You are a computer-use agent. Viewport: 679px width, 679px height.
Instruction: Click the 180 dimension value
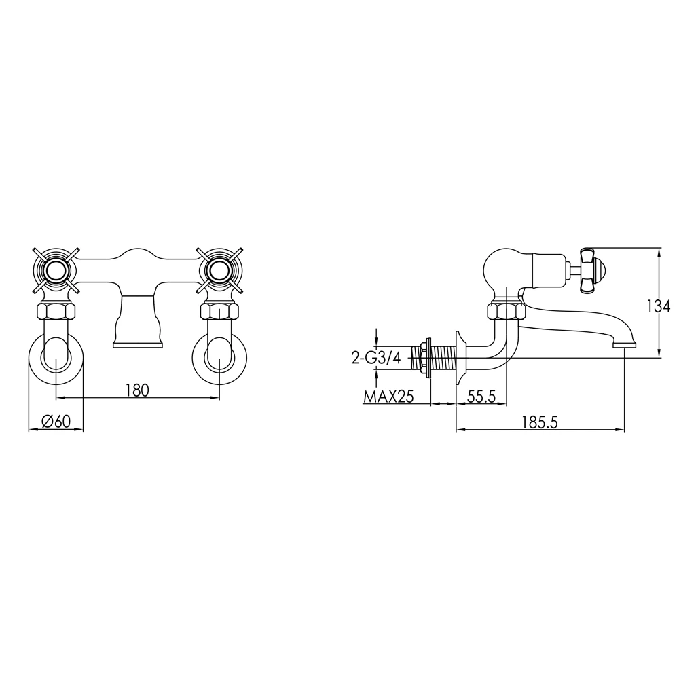136,390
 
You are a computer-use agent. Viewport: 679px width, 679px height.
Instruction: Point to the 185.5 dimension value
540,422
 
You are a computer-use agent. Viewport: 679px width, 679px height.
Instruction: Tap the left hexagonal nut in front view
56,313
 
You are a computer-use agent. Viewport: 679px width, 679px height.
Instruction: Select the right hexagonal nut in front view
220,313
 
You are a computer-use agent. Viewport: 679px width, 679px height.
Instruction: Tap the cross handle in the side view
589,270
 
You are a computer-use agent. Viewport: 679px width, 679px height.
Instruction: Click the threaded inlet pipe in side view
441,358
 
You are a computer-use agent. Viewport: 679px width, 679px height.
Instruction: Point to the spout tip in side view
624,344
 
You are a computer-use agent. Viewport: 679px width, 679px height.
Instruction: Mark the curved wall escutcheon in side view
462,358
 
